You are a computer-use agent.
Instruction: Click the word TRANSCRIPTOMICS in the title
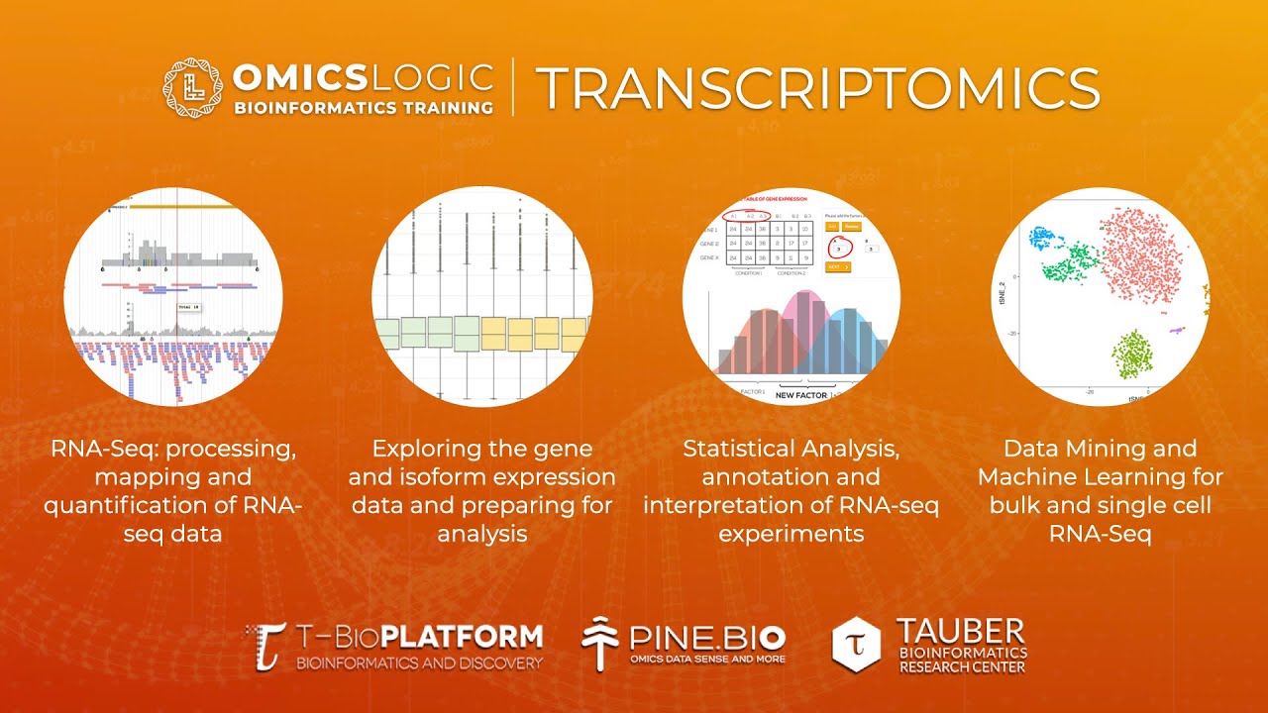click(817, 89)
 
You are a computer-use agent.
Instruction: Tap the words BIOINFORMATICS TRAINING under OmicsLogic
click(363, 107)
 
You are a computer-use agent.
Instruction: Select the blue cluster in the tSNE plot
click(1044, 238)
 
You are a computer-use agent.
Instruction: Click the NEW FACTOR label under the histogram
click(801, 394)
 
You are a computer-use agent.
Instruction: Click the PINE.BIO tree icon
click(600, 644)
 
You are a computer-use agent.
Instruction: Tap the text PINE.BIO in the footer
click(707, 636)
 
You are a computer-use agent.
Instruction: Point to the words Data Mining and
click(1100, 449)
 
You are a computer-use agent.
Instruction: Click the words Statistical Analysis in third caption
click(791, 449)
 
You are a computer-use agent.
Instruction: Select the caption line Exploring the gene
click(481, 449)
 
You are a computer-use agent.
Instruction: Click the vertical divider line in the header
click(513, 88)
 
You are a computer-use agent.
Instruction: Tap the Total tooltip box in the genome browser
click(188, 308)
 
